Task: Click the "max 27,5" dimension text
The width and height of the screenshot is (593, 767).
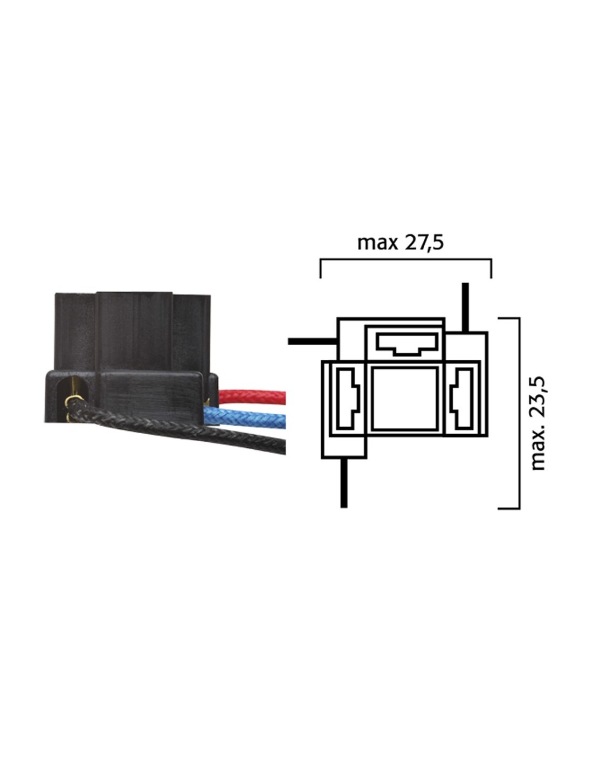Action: (400, 243)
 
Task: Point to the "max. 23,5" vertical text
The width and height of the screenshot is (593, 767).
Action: (538, 423)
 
